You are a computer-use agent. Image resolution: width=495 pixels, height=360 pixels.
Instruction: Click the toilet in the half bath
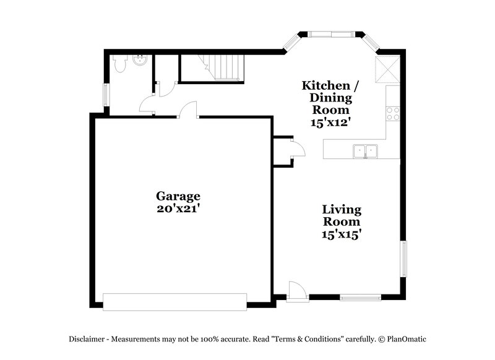point(120,62)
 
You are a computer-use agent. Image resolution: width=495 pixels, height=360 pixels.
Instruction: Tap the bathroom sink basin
point(140,61)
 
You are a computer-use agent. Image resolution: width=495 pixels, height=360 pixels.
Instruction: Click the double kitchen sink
point(365,150)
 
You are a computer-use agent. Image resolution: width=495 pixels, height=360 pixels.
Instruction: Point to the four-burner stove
point(393,113)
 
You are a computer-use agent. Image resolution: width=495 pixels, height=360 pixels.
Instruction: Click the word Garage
point(178,196)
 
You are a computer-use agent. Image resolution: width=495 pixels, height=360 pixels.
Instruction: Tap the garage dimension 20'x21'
point(178,209)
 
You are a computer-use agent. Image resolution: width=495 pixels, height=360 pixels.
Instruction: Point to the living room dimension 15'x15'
point(341,234)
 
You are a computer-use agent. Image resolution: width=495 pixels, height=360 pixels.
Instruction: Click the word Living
point(341,210)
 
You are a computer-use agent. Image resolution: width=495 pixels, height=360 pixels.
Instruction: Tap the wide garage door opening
point(174,302)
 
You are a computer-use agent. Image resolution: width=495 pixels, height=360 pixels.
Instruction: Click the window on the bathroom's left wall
point(106,95)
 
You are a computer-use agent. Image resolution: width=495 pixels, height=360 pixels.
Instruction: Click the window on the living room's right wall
point(403,259)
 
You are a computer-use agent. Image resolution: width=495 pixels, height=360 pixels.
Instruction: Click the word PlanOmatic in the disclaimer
point(406,339)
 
